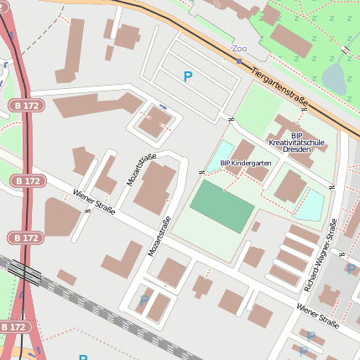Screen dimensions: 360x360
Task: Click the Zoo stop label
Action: coord(239,49)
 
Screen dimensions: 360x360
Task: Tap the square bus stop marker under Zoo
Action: coord(239,60)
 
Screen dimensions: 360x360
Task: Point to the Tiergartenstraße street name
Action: coord(279,86)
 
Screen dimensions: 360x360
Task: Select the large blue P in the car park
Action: coord(188,76)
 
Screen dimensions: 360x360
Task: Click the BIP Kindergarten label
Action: coord(245,163)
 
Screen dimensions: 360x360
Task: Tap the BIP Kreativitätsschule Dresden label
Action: coord(297,143)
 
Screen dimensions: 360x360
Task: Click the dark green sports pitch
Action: coord(222,206)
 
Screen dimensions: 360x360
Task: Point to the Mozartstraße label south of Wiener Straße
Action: coord(157,238)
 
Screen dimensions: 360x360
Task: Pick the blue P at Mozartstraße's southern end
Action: coord(143,300)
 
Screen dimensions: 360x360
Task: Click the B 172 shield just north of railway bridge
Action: coord(24,238)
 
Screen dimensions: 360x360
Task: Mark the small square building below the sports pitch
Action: coord(255,227)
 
